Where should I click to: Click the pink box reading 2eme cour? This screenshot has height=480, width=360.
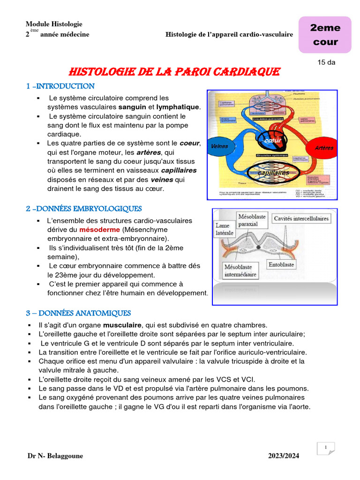(325, 35)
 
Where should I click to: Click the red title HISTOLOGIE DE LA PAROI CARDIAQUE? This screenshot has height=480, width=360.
(174, 72)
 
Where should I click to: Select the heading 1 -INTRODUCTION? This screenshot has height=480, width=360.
(60, 86)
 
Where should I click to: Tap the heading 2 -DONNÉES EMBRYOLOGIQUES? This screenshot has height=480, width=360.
(84, 209)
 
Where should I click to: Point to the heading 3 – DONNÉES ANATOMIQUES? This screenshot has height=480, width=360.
(78, 313)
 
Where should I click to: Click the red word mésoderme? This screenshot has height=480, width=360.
(100, 230)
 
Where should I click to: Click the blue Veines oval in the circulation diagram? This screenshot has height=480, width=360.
(219, 146)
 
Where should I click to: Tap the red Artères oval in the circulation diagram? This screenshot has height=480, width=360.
(324, 148)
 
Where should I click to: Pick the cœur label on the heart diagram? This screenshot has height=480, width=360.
(272, 140)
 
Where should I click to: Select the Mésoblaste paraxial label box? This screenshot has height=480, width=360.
(252, 220)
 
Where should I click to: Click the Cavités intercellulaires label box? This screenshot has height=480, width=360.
(301, 218)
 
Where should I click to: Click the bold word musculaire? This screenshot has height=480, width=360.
(122, 325)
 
